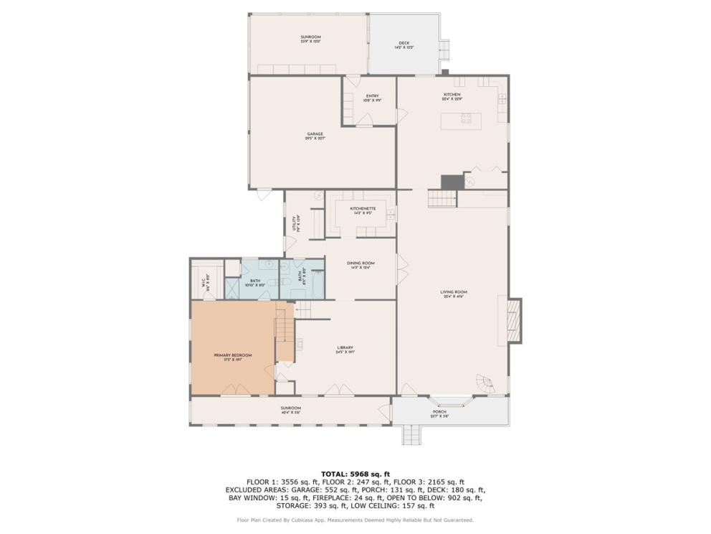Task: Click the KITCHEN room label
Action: tap(452, 96)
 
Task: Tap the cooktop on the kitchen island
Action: tap(466, 119)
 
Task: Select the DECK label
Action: tap(404, 45)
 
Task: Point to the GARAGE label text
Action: tap(315, 136)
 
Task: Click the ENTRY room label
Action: tap(372, 98)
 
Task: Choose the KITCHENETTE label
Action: tap(363, 210)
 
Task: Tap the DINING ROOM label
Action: tap(361, 265)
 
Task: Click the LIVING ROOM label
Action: tap(453, 294)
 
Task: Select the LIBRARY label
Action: tap(345, 350)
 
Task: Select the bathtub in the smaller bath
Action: tap(316, 280)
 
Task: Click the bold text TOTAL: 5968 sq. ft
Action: tap(355, 474)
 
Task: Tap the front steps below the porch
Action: tap(412, 434)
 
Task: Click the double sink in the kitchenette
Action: tap(390, 213)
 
